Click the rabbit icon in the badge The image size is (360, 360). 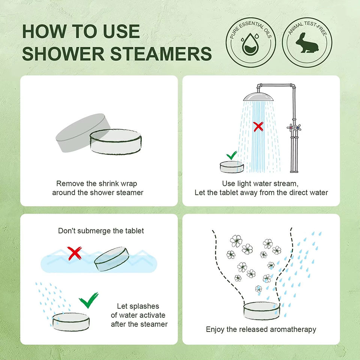tap(307, 43)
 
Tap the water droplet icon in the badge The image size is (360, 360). tap(250, 44)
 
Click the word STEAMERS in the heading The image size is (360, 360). tap(161, 54)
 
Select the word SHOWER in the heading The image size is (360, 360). tap(63, 54)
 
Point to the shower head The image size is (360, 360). tap(258, 96)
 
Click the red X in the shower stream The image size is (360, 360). tap(258, 127)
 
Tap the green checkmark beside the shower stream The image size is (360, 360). tap(232, 155)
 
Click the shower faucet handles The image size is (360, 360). tap(294, 127)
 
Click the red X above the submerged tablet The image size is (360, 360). tap(74, 253)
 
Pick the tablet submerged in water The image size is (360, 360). tap(112, 259)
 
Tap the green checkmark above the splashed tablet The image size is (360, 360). tap(88, 300)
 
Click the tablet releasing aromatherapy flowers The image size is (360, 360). tap(262, 311)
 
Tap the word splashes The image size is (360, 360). tap(147, 306)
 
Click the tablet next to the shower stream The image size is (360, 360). tap(232, 167)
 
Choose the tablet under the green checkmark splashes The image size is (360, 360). tap(71, 322)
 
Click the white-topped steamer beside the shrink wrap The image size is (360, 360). tap(115, 142)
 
